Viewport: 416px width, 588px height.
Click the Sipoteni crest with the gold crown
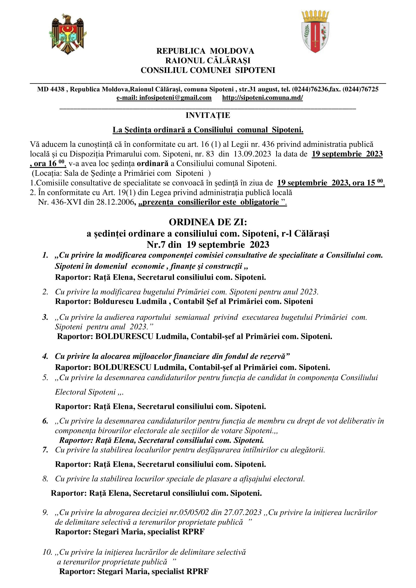(x=315, y=32)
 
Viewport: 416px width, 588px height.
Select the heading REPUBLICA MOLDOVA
(x=205, y=51)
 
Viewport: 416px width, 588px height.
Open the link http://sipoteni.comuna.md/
(x=262, y=98)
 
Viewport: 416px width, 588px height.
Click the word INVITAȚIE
(x=208, y=115)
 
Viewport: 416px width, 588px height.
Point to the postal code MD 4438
(x=51, y=89)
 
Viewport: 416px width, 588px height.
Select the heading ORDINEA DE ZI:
(x=208, y=222)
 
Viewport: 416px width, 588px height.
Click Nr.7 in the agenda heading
(x=156, y=245)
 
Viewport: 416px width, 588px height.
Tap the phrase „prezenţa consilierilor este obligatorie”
(x=212, y=202)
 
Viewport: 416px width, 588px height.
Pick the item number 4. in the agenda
(x=45, y=356)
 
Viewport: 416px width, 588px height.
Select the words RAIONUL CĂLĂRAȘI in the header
(x=208, y=60)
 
